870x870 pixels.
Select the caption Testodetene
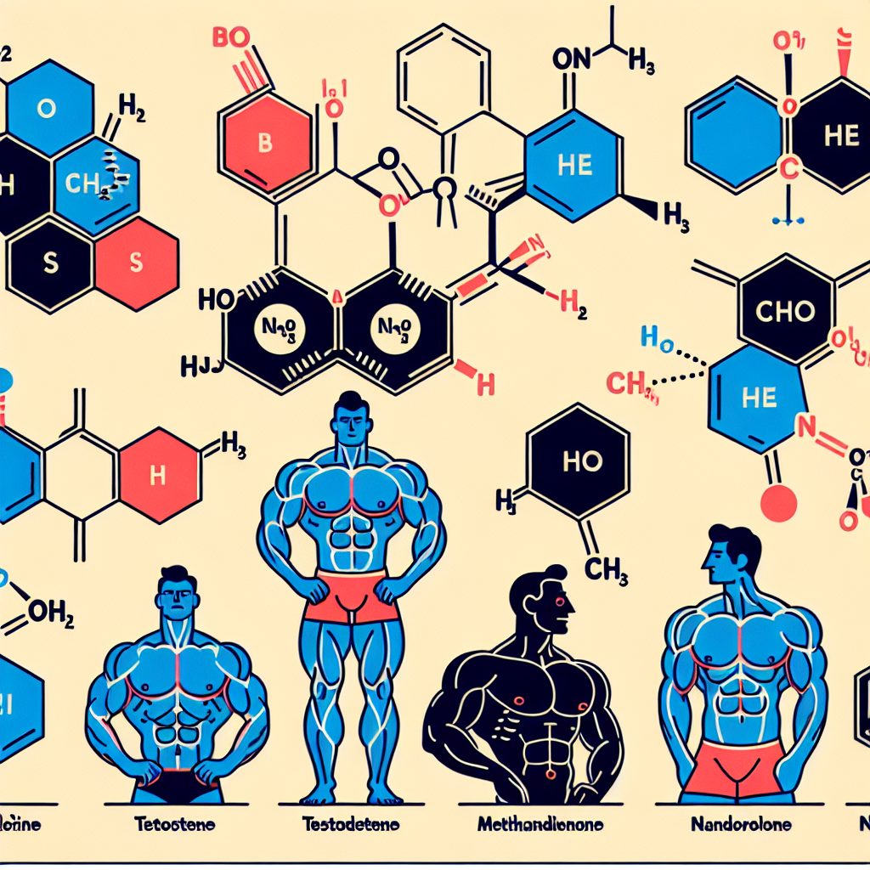click(352, 823)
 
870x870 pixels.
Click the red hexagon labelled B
click(265, 143)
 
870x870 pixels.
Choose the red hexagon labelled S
click(136, 262)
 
